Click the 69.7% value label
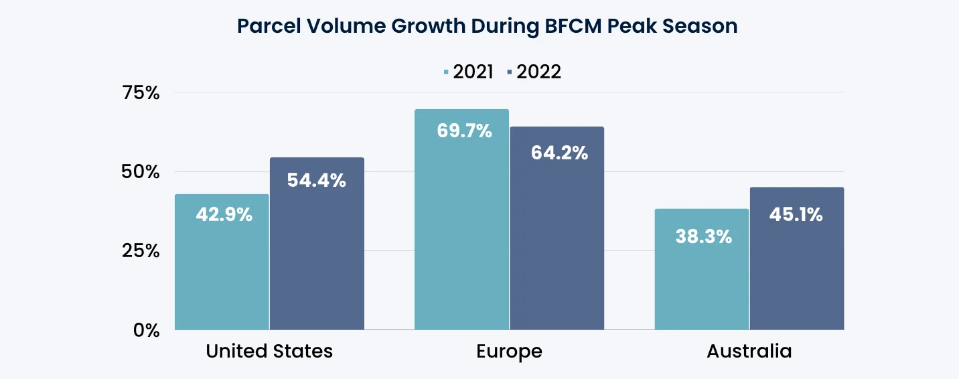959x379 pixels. (464, 131)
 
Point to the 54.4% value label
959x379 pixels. (317, 180)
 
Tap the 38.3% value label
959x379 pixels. (704, 236)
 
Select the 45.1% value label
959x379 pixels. (795, 215)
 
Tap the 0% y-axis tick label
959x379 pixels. (145, 330)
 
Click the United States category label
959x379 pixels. (269, 352)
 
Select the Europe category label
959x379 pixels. (509, 352)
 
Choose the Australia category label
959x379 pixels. (749, 352)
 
